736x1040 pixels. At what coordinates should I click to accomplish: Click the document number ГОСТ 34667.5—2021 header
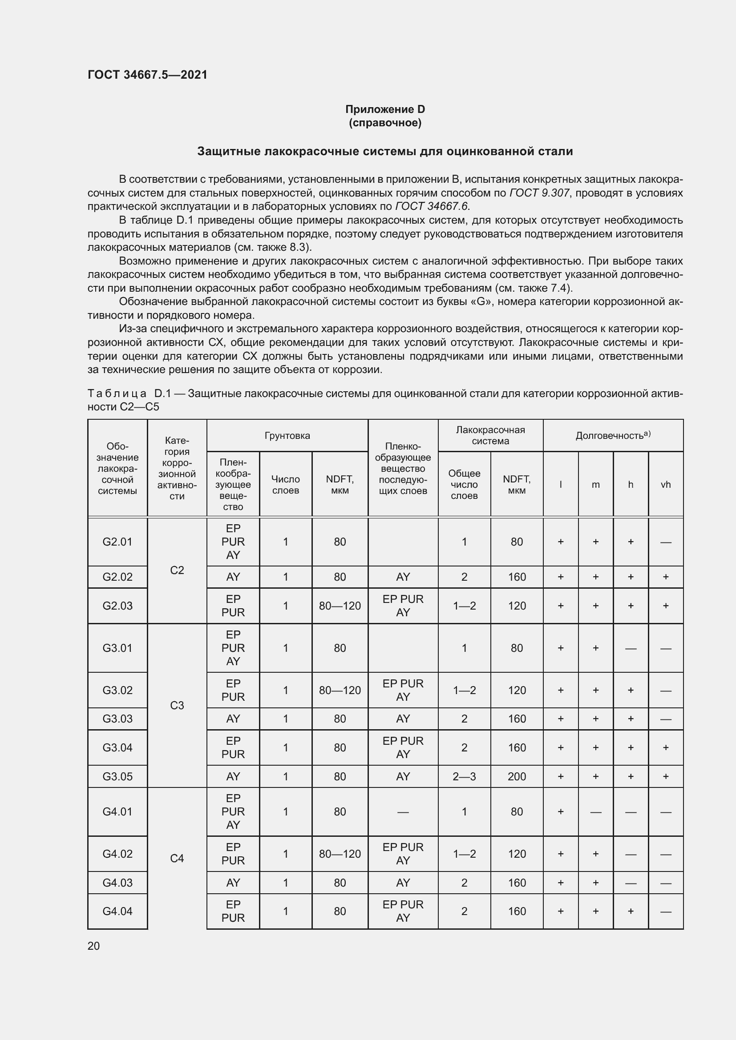pos(147,75)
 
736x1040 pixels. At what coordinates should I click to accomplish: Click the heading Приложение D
pos(385,109)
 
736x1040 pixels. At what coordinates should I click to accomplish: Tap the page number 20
pos(94,946)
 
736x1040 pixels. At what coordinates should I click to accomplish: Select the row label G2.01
pos(117,542)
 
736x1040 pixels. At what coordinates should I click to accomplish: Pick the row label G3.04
pos(117,747)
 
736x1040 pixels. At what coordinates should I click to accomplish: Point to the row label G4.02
pos(117,854)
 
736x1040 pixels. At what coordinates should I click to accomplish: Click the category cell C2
pos(177,570)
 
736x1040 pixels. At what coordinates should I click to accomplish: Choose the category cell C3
pos(177,705)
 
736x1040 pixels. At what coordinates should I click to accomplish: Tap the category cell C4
pos(177,858)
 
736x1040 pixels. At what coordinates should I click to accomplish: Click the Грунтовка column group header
pos(287,436)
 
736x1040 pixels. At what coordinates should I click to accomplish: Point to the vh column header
pos(665,485)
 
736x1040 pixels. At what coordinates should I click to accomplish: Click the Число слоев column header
pos(286,485)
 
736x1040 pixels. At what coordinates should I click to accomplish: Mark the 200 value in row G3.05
pos(517,776)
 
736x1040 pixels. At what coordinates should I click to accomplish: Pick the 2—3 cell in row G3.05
pos(464,776)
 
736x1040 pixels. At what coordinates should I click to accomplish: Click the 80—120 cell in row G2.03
pos(340,606)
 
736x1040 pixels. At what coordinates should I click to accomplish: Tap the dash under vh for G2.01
pos(665,542)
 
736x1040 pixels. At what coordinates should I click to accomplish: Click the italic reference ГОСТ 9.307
pos(539,193)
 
